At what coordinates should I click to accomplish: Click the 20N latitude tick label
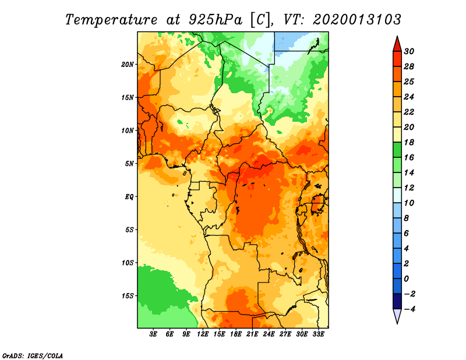coord(127,65)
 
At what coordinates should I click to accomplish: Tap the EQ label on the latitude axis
coord(129,197)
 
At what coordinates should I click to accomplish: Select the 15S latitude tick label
coord(127,296)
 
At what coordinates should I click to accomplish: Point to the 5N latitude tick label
coord(129,164)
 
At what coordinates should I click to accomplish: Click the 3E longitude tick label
coord(153,334)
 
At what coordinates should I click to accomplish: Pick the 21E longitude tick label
coord(252,334)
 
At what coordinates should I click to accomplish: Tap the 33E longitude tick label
coord(318,334)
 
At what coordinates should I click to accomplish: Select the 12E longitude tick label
coord(203,334)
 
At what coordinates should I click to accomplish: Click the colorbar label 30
coord(409,51)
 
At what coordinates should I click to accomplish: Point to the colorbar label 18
coord(409,142)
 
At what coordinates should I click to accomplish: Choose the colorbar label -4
coord(409,309)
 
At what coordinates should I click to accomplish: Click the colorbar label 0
coord(406,279)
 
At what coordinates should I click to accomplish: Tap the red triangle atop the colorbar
coord(397,44)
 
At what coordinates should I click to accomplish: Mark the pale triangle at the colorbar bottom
coord(397,316)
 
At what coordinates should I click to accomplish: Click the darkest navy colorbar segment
coord(397,301)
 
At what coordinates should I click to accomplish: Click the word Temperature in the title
coord(111,20)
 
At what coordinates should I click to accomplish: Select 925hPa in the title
coord(215,20)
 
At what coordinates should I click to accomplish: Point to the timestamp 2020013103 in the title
coord(357,20)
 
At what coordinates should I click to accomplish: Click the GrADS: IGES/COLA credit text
coord(33,356)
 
